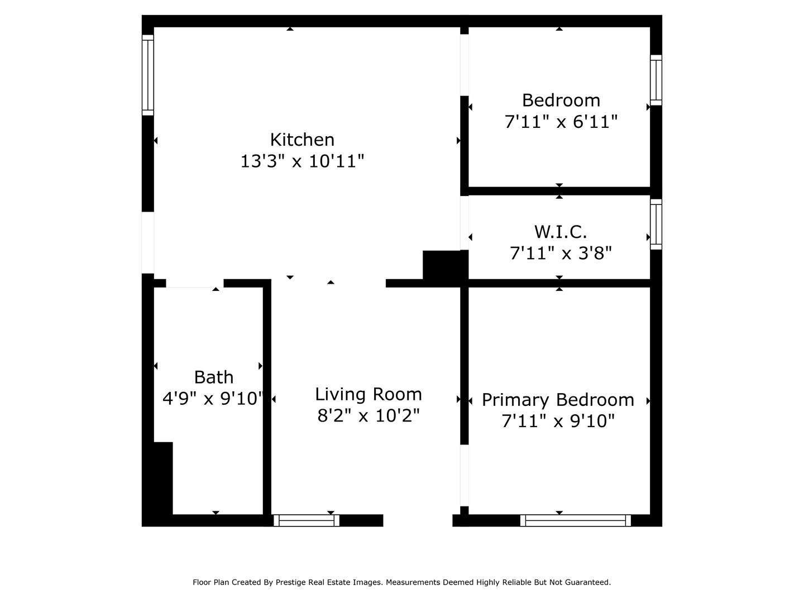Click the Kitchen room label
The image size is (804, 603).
(302, 140)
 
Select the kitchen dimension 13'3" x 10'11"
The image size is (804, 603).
(302, 161)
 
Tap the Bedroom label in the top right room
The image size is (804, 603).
(561, 100)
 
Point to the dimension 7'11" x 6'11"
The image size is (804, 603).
(561, 122)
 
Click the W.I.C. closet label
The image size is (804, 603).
(561, 232)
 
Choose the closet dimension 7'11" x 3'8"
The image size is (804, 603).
(561, 253)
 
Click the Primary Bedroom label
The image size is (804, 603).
(558, 400)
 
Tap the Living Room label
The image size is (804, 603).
(368, 394)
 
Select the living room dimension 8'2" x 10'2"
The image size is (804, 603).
(368, 416)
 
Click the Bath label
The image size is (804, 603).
(214, 377)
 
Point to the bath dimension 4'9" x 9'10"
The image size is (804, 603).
(213, 399)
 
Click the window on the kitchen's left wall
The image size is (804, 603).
(147, 75)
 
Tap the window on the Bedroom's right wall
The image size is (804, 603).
(656, 80)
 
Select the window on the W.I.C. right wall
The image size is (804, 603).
(656, 224)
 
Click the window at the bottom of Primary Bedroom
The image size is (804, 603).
(575, 520)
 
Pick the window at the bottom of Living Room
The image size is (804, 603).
(306, 520)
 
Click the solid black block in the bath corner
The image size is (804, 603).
(162, 477)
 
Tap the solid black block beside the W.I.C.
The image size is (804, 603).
(444, 265)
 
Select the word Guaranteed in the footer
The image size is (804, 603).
(588, 582)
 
